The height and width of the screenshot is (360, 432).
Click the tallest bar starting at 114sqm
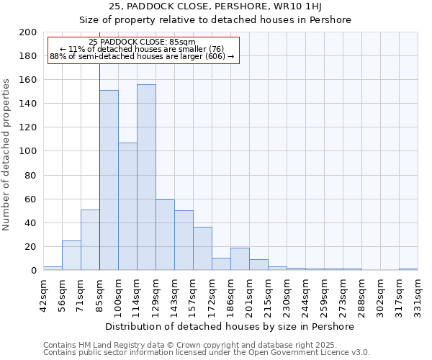pyautogui.click(x=146, y=177)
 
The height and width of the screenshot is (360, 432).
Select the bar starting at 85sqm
pyautogui.click(x=109, y=180)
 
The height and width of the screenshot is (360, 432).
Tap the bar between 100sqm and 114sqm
pyautogui.click(x=127, y=207)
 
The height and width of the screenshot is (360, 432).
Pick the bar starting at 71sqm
pyautogui.click(x=90, y=240)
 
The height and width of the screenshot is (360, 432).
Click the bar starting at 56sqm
pyautogui.click(x=71, y=256)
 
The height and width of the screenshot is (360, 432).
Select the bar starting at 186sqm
pyautogui.click(x=240, y=259)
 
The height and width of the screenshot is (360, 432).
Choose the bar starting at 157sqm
pyautogui.click(x=202, y=248)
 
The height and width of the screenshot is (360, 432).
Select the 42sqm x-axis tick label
pyautogui.click(x=43, y=293)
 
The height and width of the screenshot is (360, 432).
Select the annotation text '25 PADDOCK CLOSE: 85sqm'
pyautogui.click(x=143, y=42)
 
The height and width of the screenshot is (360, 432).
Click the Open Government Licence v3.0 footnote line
pyautogui.click(x=207, y=352)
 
